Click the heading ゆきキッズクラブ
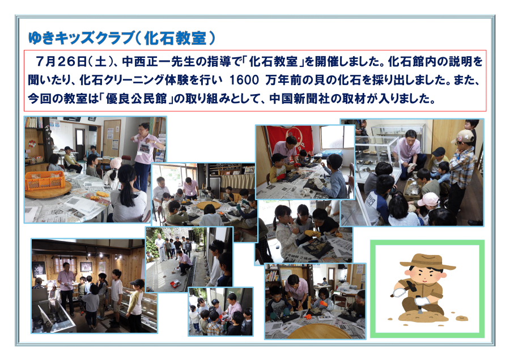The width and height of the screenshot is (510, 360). (x=80, y=38)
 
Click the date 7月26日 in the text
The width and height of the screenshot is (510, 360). (x=61, y=61)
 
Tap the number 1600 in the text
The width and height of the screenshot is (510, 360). (x=244, y=80)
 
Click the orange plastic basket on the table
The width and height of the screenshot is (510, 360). (x=45, y=180)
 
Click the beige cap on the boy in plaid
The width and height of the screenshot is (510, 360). (x=463, y=136)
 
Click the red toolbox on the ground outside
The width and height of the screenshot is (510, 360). (x=175, y=283)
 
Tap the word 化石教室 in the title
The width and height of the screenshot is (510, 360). (x=175, y=38)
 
